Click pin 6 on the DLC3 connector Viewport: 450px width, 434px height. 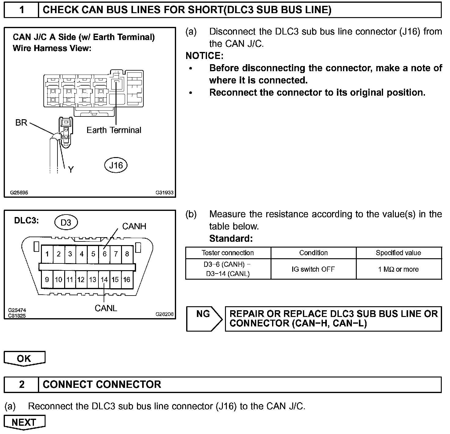pos(105,254)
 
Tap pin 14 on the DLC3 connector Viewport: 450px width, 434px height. pos(104,279)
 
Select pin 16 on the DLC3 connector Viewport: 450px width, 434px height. pos(127,279)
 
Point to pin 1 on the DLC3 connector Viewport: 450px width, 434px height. pos(47,254)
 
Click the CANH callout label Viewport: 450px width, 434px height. pos(134,226)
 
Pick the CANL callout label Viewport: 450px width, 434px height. pos(106,308)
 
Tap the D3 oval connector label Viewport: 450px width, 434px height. pos(66,223)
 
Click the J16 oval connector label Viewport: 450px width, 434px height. pos(116,165)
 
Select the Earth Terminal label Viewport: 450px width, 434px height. pos(114,130)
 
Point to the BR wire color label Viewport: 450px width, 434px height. pos(21,123)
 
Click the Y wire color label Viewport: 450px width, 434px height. pos(71,169)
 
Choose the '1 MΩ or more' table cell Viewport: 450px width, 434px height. pos(398,269)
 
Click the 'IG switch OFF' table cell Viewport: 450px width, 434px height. pos(313,269)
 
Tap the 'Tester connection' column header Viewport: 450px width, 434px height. pos(228,253)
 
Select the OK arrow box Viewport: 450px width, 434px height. pos(24,358)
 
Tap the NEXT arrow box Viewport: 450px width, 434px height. pos(24,422)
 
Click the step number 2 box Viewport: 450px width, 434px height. pos(22,384)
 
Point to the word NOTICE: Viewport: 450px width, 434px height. pos(205,56)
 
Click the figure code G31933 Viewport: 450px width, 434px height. pos(164,193)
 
